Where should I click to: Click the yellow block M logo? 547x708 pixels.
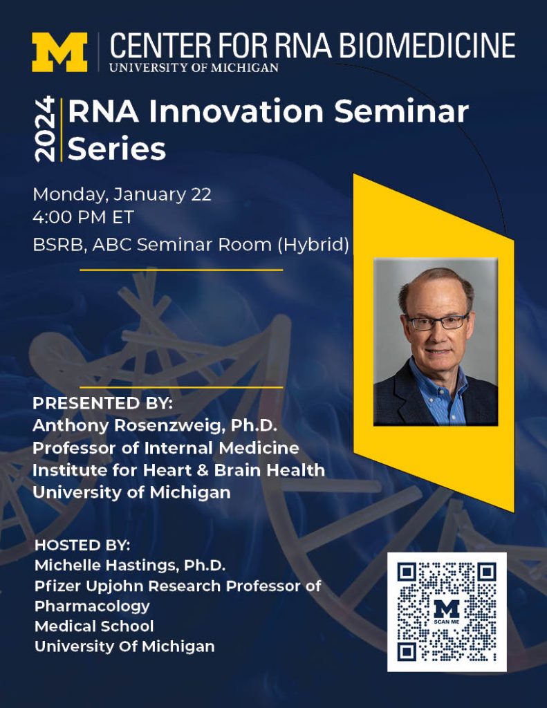click(x=59, y=52)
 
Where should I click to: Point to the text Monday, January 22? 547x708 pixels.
click(x=122, y=194)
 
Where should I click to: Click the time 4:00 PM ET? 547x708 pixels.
click(x=83, y=217)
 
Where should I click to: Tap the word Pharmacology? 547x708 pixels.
click(x=92, y=606)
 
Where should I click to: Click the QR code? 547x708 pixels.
click(x=447, y=611)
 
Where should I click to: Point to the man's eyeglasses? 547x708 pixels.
click(x=436, y=322)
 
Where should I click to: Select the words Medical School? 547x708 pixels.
click(x=94, y=626)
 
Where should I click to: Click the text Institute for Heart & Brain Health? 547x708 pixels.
click(x=178, y=470)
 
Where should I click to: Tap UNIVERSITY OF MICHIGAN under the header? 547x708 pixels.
click(x=194, y=68)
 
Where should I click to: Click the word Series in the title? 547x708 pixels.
click(x=116, y=149)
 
